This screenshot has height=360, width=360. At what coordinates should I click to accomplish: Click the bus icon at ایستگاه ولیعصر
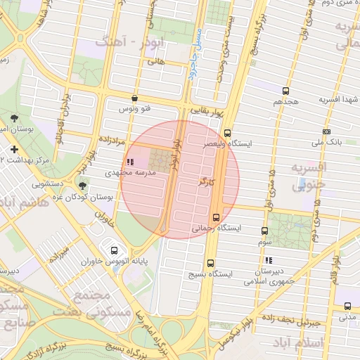click(227, 132)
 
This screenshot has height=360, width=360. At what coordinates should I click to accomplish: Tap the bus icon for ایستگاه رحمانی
click(216, 217)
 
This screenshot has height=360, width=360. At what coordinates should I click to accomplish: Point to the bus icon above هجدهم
click(285, 91)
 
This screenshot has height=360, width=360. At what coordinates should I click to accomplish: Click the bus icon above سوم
click(265, 231)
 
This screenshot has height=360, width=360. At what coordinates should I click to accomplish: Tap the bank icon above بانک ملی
click(326, 131)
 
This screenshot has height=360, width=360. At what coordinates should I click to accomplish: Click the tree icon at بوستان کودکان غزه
click(84, 186)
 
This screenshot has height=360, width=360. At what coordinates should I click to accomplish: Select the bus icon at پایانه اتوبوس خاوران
click(114, 250)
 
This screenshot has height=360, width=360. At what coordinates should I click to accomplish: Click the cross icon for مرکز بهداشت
click(15, 149)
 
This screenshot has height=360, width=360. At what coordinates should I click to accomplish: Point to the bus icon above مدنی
click(347, 306)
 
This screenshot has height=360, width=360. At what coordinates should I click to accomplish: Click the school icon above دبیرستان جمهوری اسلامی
click(268, 259)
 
